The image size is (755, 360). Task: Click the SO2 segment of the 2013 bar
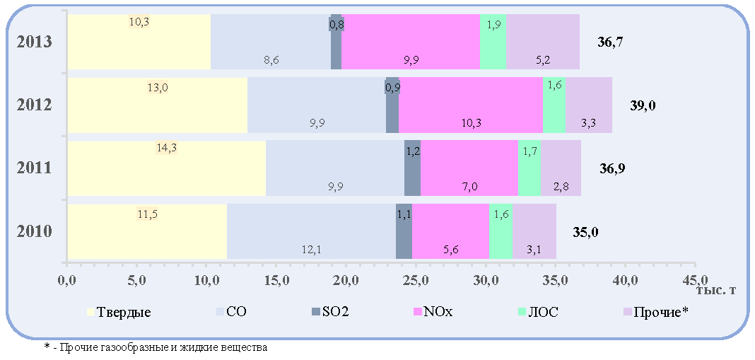[x=336, y=42]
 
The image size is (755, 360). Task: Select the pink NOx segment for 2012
[x=471, y=105]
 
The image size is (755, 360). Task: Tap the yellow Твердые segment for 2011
[x=167, y=168]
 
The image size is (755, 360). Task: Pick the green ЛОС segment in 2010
[x=501, y=231]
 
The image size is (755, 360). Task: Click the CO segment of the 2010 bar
[x=312, y=231]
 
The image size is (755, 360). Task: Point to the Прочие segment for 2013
[x=543, y=42]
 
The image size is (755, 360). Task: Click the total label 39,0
[x=643, y=106]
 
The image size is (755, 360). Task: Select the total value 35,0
[x=585, y=233]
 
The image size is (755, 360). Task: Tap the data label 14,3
[x=167, y=149]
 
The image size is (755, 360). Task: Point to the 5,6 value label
[x=451, y=250]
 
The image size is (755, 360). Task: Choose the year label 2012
[x=34, y=105]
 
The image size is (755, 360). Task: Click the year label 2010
[x=34, y=232]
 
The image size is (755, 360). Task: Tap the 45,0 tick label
[x=694, y=279]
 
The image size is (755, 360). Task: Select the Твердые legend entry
[x=119, y=312]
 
